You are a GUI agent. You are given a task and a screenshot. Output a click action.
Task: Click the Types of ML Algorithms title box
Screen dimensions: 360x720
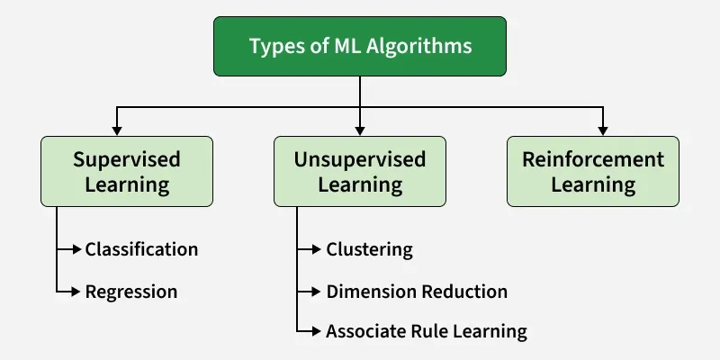point(360,46)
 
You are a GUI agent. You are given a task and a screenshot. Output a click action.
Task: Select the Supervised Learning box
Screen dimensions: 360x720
point(127,172)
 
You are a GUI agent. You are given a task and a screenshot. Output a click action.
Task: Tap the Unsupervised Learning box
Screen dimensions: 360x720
point(360,172)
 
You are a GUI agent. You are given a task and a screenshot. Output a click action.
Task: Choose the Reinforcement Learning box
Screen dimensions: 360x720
point(593,172)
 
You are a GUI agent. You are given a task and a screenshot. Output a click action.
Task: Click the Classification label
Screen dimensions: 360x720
point(141,248)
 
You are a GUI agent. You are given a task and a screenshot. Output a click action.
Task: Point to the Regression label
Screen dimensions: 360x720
point(131,292)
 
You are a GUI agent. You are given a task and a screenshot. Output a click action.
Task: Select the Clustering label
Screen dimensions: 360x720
point(369,248)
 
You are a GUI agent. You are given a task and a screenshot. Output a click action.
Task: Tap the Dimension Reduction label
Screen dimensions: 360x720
point(417,292)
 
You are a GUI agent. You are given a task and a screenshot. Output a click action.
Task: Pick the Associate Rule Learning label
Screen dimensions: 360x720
point(426,331)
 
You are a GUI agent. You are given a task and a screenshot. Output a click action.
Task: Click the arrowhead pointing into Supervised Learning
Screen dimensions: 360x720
point(115,130)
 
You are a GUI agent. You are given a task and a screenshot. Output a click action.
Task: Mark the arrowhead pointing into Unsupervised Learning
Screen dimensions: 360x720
point(360,130)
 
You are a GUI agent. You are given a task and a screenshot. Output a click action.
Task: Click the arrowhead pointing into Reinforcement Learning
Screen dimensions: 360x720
point(604,130)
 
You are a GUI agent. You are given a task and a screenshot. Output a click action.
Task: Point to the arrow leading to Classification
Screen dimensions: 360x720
point(70,248)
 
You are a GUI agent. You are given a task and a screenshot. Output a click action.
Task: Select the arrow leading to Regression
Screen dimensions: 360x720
point(70,292)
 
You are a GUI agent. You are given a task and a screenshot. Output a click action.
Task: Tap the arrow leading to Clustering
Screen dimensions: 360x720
point(310,248)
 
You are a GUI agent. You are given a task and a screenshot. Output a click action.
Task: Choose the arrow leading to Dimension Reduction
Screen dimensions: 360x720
point(310,292)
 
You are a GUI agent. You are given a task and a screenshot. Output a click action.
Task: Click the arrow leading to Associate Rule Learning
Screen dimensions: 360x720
point(310,331)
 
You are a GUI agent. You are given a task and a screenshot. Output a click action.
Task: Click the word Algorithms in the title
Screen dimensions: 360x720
point(422,46)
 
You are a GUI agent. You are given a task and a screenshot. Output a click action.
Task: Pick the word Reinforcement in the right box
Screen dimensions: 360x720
point(593,160)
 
